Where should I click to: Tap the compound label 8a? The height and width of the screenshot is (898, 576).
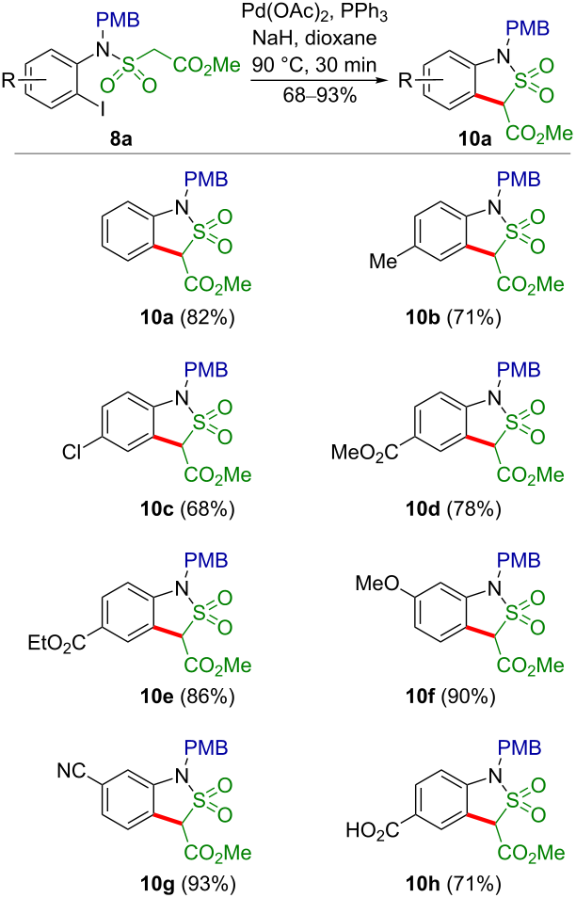[120, 138]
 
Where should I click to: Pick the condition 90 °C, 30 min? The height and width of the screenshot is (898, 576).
[314, 64]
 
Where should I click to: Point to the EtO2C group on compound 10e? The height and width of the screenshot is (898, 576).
[56, 643]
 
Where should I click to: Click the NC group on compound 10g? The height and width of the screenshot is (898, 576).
[71, 772]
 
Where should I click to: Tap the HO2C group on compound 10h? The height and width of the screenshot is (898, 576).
[373, 830]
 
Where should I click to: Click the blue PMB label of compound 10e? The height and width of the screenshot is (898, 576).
[205, 560]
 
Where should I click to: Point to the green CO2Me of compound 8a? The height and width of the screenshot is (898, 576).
[206, 66]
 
